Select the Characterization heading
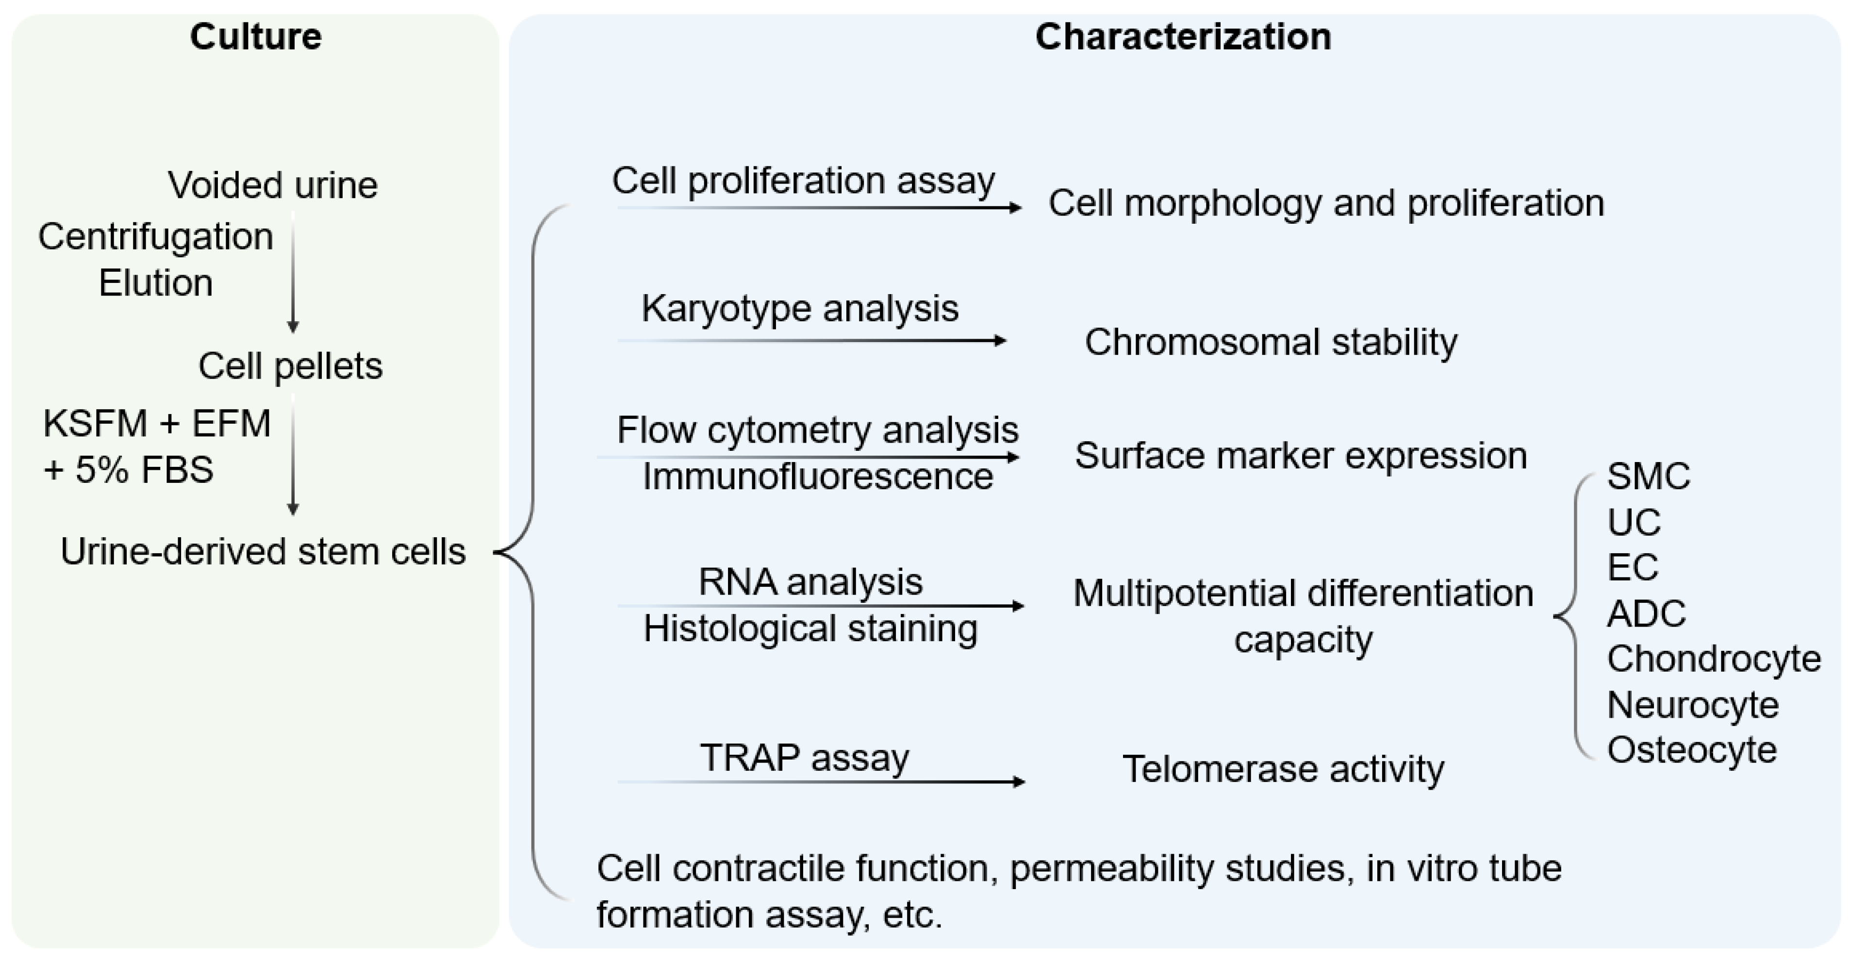click(1183, 36)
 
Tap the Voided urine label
click(272, 185)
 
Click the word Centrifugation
click(156, 237)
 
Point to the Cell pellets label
click(290, 366)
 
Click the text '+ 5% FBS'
click(129, 470)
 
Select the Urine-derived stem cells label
click(263, 552)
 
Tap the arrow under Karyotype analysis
click(811, 341)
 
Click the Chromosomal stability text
click(1271, 342)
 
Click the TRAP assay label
click(804, 757)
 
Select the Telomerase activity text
click(1283, 769)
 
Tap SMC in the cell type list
click(1648, 476)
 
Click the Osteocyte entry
click(1691, 750)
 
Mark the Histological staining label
click(810, 628)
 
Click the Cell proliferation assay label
click(803, 181)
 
